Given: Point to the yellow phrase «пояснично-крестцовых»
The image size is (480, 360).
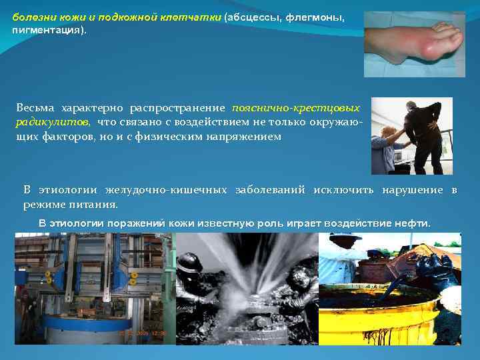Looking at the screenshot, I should pyautogui.click(x=295, y=107).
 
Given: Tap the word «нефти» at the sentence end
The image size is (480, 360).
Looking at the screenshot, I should pyautogui.click(x=413, y=223).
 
